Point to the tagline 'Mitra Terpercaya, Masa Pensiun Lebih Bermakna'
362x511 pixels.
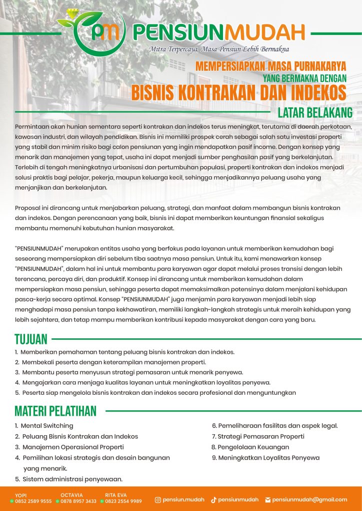click(x=219, y=49)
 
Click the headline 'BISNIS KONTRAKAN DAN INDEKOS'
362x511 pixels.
click(x=239, y=92)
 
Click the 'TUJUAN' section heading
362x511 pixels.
click(x=31, y=340)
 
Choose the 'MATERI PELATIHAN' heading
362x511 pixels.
click(x=55, y=411)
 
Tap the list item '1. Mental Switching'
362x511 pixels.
click(x=44, y=426)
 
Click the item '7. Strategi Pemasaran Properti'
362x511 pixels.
click(x=258, y=436)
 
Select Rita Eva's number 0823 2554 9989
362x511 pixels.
click(x=123, y=501)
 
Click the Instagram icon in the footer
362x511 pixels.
click(x=157, y=500)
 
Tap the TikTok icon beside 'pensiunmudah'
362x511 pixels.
click(x=213, y=500)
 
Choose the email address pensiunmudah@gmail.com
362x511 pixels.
click(x=309, y=500)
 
